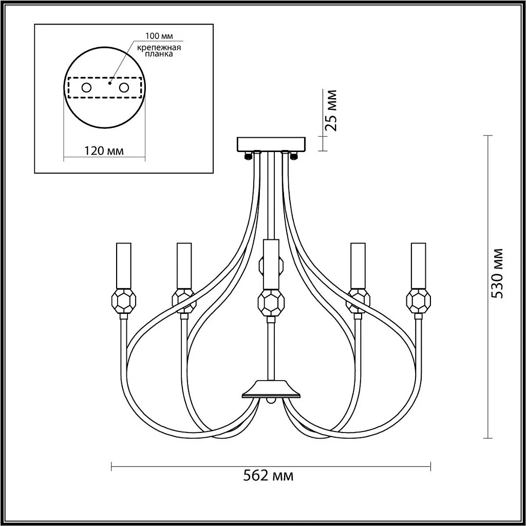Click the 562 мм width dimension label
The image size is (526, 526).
point(268,476)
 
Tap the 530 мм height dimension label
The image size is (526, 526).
point(497,273)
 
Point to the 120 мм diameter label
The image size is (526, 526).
point(103,151)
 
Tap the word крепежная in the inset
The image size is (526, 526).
point(159,48)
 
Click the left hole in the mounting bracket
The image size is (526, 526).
point(86,88)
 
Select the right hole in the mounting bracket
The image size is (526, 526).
point(124,88)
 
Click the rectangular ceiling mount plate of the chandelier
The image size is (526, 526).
point(271,144)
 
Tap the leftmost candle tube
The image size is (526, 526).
point(123,266)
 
